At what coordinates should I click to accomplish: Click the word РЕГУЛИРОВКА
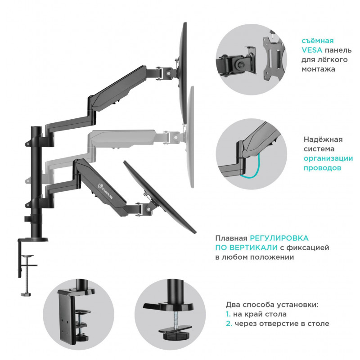click(279, 237)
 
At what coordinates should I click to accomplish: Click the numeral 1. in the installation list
click(228, 314)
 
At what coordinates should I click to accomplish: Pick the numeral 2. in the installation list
click(229, 324)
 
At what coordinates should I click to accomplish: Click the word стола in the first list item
click(276, 314)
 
